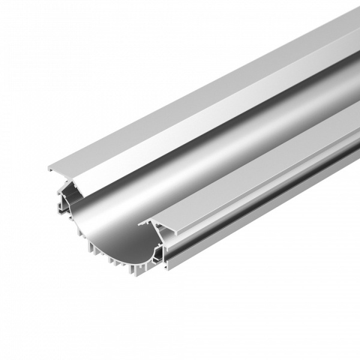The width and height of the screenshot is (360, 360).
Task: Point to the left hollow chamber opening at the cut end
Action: pyautogui.click(x=67, y=195)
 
